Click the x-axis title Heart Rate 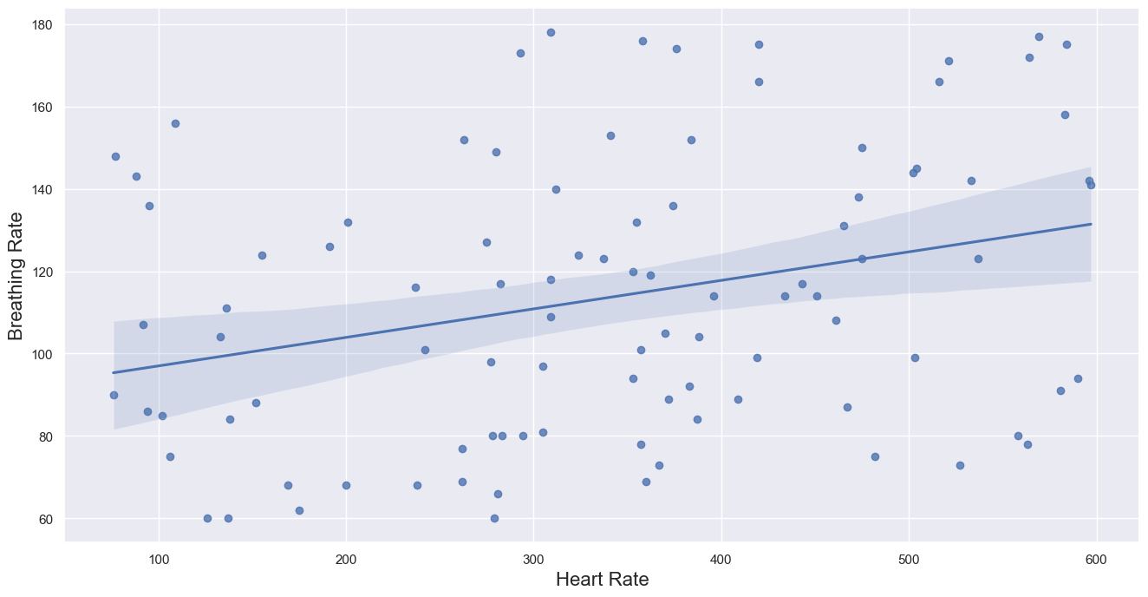pyautogui.click(x=603, y=580)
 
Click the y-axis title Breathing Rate pyautogui.click(x=16, y=276)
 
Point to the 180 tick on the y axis pyautogui.click(x=43, y=24)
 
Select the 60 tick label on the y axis pyautogui.click(x=47, y=519)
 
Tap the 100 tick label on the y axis pyautogui.click(x=43, y=354)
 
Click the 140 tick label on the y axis pyautogui.click(x=43, y=190)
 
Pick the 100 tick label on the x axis pyautogui.click(x=159, y=560)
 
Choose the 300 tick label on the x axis pyautogui.click(x=534, y=560)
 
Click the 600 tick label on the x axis pyautogui.click(x=1097, y=560)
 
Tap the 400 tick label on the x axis pyautogui.click(x=721, y=560)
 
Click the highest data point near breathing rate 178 pyautogui.click(x=551, y=33)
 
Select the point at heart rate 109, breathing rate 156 pyautogui.click(x=175, y=123)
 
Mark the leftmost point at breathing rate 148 pyautogui.click(x=116, y=156)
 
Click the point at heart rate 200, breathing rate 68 pyautogui.click(x=347, y=486)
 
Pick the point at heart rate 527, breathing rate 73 pyautogui.click(x=961, y=466)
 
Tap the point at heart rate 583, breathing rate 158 pyautogui.click(x=1065, y=115)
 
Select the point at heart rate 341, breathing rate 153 pyautogui.click(x=611, y=136)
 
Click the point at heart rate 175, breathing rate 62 pyautogui.click(x=300, y=511)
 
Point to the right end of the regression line pyautogui.click(x=1091, y=224)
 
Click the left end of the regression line pyautogui.click(x=114, y=373)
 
